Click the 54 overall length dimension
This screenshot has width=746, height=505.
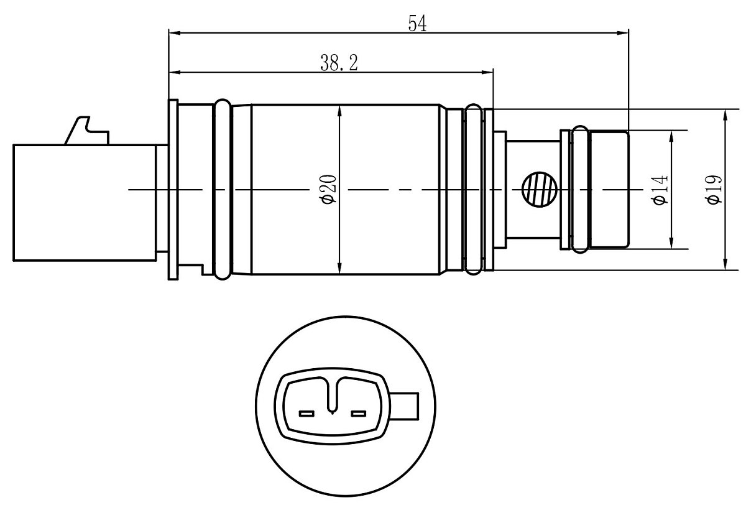(417, 24)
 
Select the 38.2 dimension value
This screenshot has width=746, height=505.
(339, 63)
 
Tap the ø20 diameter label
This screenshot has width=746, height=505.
(329, 189)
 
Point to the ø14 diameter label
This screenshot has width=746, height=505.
(660, 190)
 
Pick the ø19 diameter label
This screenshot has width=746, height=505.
(714, 190)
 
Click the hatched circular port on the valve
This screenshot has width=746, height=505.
(540, 190)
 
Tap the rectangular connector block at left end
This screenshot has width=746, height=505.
(85, 203)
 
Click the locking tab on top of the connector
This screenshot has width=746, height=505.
(87, 131)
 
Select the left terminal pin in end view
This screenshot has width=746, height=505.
(306, 414)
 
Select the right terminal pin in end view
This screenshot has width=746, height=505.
(359, 414)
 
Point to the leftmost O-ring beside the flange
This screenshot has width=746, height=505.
(222, 189)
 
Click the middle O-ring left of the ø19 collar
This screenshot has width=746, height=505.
(473, 189)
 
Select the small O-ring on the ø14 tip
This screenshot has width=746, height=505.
(580, 190)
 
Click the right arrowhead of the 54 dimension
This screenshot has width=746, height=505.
(623, 33)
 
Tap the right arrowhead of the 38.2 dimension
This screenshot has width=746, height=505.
(487, 72)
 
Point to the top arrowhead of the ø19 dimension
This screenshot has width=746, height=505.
(725, 116)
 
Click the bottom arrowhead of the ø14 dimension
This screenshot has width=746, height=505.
(671, 243)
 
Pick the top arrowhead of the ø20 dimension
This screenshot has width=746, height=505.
(339, 111)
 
